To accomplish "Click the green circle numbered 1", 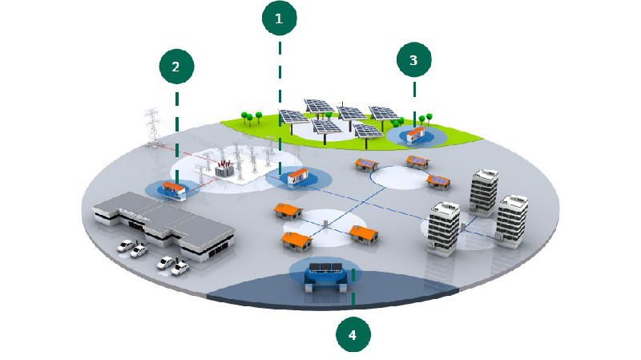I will tap(279, 19).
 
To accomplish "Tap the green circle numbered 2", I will tap(175, 67).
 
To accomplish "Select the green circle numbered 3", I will tap(413, 60).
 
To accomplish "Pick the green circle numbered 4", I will tap(353, 334).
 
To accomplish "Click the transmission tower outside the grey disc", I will tap(151, 126).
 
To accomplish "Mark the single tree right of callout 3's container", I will tap(433, 119).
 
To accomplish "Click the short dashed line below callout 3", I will tap(414, 95).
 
